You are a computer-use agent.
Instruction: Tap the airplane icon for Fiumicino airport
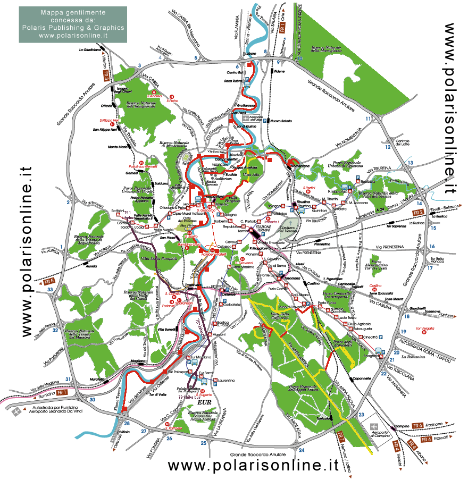coord(20,411)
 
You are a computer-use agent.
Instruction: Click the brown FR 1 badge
coord(63,392)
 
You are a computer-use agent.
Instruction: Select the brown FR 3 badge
coord(107,76)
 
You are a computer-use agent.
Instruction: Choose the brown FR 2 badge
coord(418,213)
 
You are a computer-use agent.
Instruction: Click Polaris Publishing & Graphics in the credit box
coord(73,28)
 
